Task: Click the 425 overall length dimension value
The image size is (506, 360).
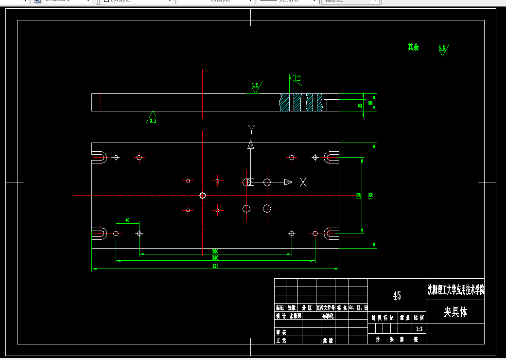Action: point(215,266)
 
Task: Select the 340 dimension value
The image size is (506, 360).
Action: point(215,258)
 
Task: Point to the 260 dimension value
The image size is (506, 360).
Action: point(215,252)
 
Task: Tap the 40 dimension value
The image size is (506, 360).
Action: point(127,220)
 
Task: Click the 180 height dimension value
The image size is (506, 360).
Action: point(370,196)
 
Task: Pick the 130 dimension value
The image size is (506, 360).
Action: point(359,196)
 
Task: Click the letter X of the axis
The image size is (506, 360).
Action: point(303,182)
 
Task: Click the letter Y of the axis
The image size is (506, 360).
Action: point(251,129)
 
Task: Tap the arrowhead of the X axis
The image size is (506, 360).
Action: point(288,182)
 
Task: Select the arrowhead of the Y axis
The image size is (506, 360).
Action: point(251,144)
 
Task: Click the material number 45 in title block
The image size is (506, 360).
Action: point(397,296)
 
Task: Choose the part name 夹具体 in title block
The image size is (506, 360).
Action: point(455,312)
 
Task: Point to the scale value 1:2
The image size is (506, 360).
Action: point(419,329)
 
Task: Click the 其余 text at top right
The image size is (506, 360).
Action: point(413,47)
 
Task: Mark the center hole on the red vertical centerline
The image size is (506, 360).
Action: point(203,196)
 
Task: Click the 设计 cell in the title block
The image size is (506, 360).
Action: point(280,316)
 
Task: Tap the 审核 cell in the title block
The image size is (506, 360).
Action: point(280,332)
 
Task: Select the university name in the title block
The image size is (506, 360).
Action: point(455,291)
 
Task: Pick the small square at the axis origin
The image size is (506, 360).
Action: point(251,182)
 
